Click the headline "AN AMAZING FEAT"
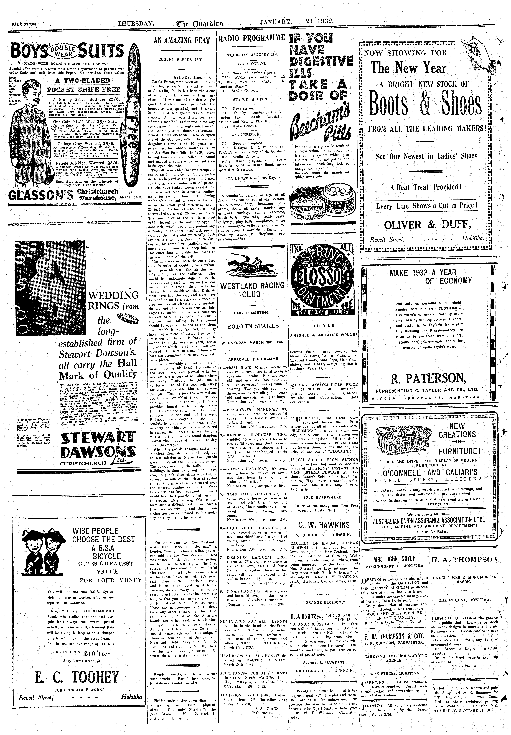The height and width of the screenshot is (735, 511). point(182,41)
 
